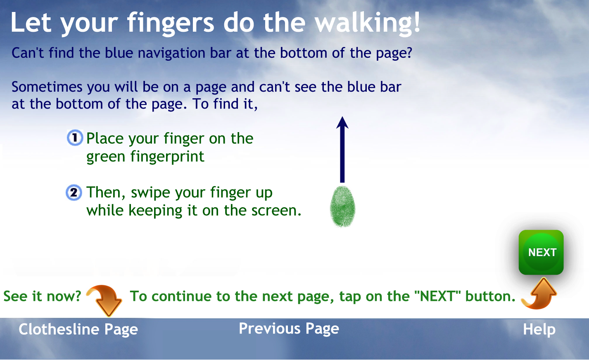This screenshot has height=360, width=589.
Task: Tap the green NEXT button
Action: click(541, 252)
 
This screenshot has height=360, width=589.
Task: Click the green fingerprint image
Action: click(342, 206)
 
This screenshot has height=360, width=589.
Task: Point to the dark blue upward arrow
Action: click(342, 149)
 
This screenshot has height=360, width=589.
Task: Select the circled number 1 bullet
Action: click(75, 137)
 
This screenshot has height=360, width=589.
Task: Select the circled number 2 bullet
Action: click(74, 193)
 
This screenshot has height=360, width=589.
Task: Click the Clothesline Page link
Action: click(78, 329)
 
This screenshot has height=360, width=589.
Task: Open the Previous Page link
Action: click(289, 329)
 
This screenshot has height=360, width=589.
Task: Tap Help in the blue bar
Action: click(539, 329)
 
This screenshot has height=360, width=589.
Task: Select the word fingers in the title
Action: click(171, 24)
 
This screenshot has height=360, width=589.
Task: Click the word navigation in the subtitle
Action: click(171, 53)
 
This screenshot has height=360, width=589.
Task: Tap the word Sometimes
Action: click(47, 87)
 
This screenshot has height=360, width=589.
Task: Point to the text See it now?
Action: click(42, 296)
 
